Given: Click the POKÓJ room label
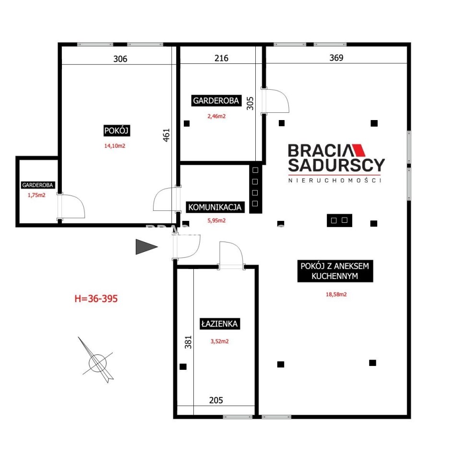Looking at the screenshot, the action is [x=117, y=131].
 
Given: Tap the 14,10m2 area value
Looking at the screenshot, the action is [x=115, y=146].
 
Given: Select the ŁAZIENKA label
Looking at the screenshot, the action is [x=219, y=324].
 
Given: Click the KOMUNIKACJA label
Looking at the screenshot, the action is [x=215, y=207].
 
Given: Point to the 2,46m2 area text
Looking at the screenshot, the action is [x=216, y=116].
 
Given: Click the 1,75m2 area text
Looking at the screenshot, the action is [x=36, y=195].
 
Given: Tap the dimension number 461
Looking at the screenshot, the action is [x=167, y=135].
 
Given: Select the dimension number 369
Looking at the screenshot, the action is [x=336, y=58].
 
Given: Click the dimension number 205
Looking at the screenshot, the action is [x=216, y=400].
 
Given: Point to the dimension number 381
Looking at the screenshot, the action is [x=188, y=342].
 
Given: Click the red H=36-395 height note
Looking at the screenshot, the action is [x=96, y=299].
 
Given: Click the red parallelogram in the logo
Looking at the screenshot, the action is [x=358, y=150].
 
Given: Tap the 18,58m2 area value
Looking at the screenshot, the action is [x=336, y=294].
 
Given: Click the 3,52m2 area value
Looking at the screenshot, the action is [x=219, y=341].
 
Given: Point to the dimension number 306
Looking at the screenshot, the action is [x=120, y=59].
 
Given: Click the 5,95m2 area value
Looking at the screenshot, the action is [x=216, y=220].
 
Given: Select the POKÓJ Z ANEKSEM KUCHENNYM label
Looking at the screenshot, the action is [x=335, y=271].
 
